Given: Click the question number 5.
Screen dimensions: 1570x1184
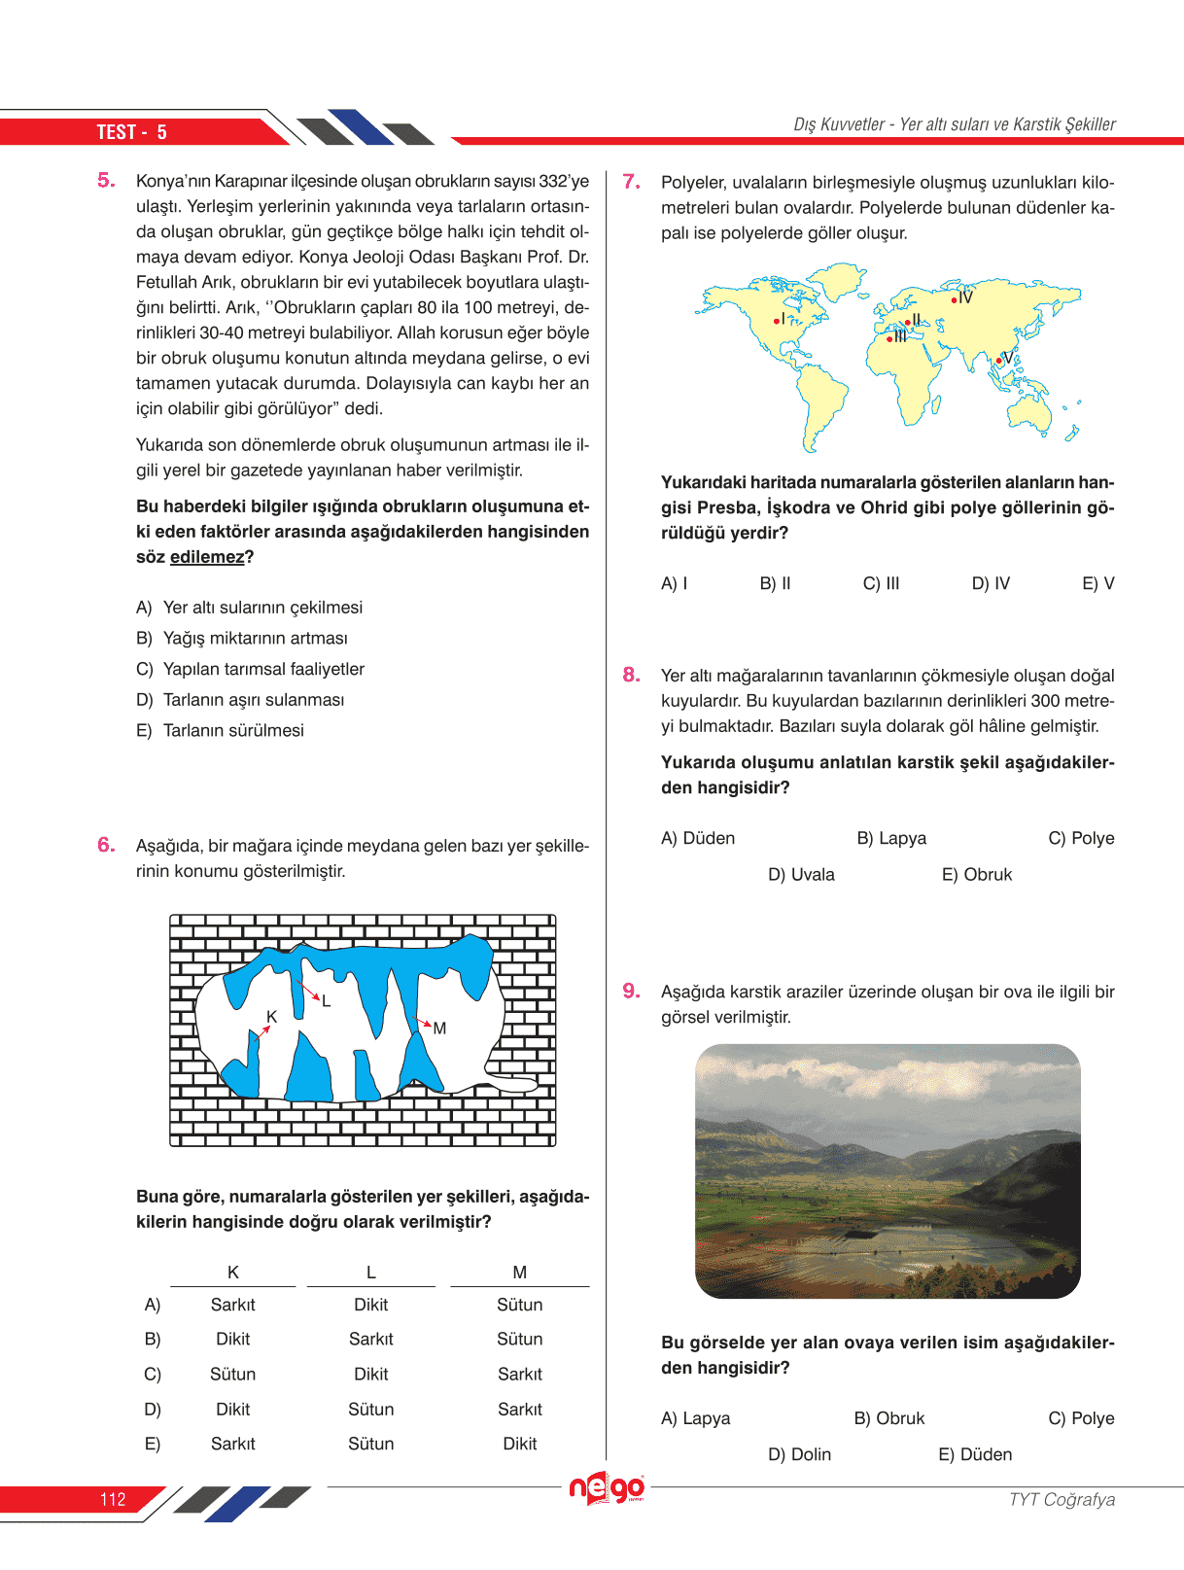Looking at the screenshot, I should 106,181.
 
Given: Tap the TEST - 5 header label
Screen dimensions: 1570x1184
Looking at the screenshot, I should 131,132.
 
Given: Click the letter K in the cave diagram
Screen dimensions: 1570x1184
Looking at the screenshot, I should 272,1017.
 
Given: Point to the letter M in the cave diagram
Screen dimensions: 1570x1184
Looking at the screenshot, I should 440,1029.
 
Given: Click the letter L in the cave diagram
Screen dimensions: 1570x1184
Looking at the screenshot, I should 327,1001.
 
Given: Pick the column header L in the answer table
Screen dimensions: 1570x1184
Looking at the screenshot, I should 370,1273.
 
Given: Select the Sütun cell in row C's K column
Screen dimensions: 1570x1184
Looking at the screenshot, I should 233,1375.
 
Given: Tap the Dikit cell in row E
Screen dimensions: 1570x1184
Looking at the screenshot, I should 520,1444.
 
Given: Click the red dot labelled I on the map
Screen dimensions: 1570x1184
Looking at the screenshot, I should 776,321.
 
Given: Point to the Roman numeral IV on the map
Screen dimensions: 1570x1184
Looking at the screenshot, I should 965,297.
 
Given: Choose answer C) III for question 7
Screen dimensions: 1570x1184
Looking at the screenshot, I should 881,583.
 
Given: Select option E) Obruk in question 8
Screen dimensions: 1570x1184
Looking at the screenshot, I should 976,875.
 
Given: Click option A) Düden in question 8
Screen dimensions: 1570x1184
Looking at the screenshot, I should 697,838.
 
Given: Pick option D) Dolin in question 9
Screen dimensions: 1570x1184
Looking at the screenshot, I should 799,1454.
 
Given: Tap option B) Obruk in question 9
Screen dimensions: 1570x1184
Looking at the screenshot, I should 888,1418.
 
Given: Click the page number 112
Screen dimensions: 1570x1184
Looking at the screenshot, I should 113,1499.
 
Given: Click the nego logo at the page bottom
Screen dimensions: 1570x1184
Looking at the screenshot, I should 607,1487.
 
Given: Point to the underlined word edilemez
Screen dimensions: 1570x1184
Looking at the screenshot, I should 207,557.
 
